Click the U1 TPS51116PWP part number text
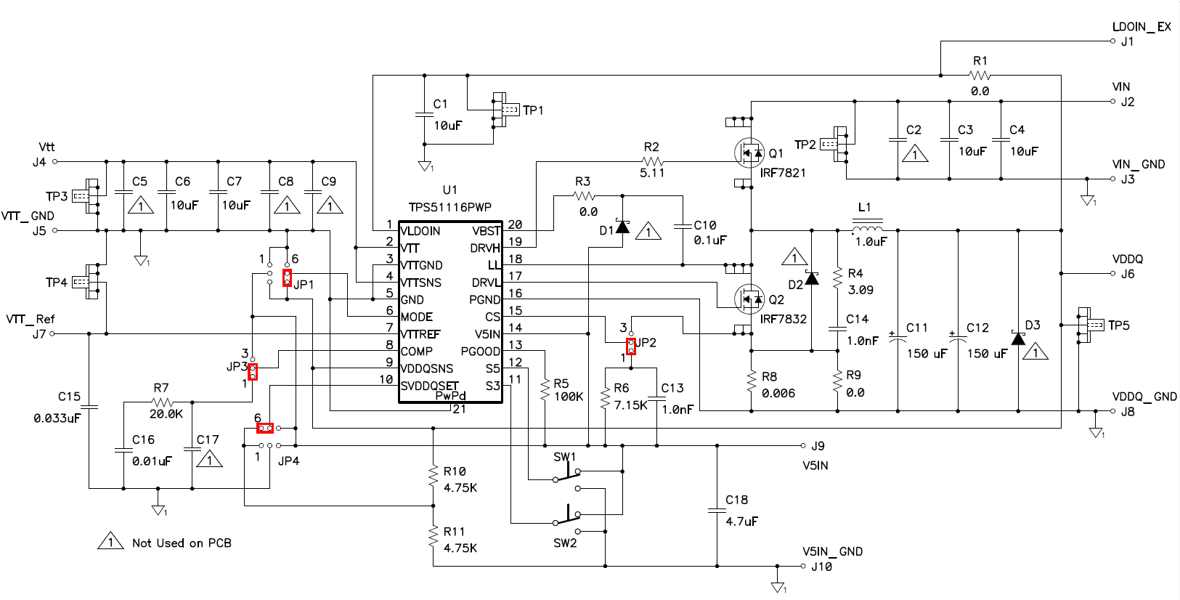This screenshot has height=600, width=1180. [x=449, y=207]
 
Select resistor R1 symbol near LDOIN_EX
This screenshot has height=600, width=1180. [x=980, y=76]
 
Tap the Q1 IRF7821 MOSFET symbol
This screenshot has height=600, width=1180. [x=749, y=153]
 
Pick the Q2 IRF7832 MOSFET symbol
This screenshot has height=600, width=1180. [x=749, y=299]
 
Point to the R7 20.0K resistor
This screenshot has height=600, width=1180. [x=163, y=402]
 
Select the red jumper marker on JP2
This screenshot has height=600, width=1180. [x=631, y=346]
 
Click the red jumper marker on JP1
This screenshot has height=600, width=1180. [x=287, y=277]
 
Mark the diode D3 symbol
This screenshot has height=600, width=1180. [x=1018, y=338]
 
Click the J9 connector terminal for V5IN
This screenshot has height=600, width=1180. [x=803, y=445]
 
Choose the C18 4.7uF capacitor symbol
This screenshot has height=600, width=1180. [x=717, y=511]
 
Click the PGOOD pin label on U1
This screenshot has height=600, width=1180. [x=480, y=352]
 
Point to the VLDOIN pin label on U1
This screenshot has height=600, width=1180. [x=420, y=231]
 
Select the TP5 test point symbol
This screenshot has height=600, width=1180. [x=1090, y=325]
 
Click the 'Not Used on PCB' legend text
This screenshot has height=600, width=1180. [x=182, y=543]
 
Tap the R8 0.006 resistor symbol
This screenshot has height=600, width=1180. [x=751, y=383]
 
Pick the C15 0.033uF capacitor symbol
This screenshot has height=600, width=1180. [x=89, y=407]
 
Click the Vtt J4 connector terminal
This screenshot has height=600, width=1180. [x=54, y=161]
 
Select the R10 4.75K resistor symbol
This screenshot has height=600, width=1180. [x=434, y=476]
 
